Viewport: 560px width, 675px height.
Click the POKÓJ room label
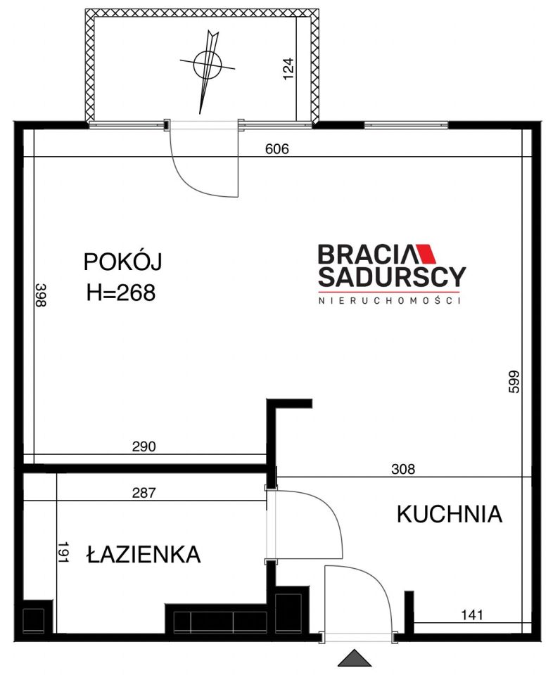(122, 262)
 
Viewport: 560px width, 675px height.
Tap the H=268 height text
(120, 293)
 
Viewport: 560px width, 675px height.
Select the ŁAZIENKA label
(144, 555)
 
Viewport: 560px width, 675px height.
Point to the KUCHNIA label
(450, 515)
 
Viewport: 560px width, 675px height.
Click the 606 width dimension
(277, 149)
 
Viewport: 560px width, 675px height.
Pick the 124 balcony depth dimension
(288, 70)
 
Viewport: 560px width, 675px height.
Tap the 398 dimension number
(40, 295)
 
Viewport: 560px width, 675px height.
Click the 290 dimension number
(144, 446)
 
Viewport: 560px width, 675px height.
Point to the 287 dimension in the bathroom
(144, 493)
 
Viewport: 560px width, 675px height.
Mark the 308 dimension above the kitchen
(403, 469)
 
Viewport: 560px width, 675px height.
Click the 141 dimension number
(471, 616)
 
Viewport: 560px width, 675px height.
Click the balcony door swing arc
(204, 169)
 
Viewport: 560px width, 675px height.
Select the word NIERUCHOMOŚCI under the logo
(389, 300)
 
